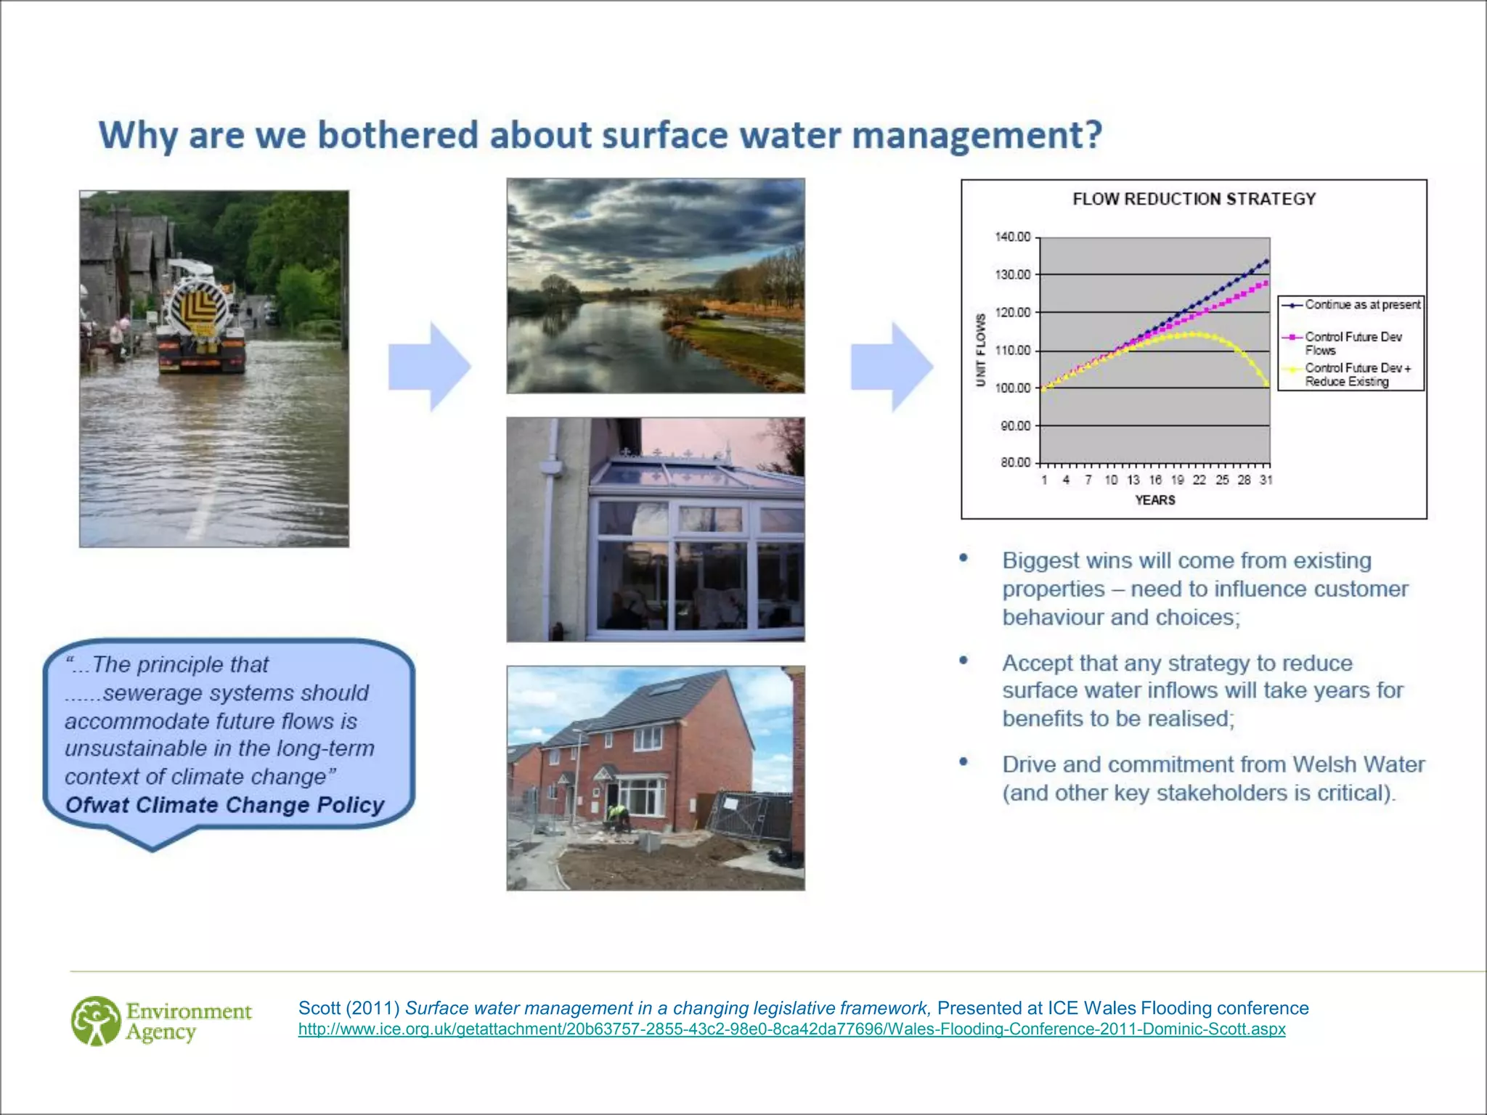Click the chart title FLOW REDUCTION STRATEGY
1194,199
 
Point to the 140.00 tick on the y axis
1013,237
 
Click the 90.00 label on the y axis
1015,426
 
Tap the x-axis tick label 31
1266,480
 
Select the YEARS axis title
1154,500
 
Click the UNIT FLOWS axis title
981,350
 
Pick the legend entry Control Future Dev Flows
1353,343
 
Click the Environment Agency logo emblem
96,1021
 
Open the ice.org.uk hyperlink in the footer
791,1029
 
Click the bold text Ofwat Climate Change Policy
224,805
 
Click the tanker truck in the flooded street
200,319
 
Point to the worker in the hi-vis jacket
619,818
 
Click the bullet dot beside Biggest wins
964,558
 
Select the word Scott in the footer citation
319,1008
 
